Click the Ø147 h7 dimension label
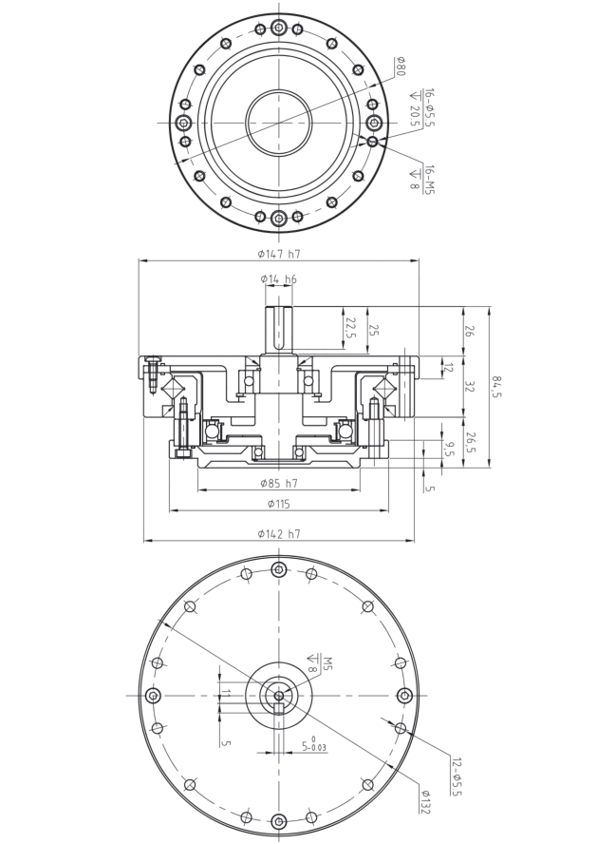(279, 254)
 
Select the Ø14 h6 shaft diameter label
(278, 278)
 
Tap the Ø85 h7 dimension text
(279, 483)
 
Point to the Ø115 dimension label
(279, 504)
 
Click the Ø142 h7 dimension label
(279, 534)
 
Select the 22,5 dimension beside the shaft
(350, 328)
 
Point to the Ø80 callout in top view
(401, 67)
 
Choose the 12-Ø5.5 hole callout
(457, 777)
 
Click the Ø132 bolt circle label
(425, 802)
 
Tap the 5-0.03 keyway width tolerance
(314, 745)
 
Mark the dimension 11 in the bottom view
(226, 693)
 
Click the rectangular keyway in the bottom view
(279, 708)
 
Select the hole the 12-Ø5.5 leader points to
(401, 728)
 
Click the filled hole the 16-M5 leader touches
(372, 142)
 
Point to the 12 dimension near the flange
(448, 368)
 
